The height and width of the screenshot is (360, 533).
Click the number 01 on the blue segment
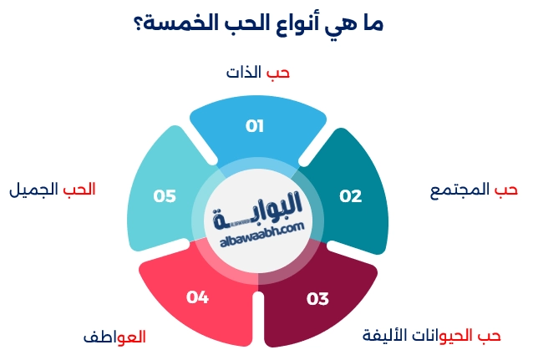click(255, 126)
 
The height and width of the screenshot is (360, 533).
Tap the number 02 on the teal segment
click(350, 196)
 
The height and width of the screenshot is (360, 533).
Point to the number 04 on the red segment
click(197, 296)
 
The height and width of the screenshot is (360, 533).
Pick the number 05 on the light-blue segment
click(165, 196)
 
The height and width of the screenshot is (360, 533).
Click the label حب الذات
click(258, 73)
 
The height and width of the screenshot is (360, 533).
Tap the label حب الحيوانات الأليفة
click(431, 336)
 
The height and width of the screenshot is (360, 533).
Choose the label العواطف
click(114, 337)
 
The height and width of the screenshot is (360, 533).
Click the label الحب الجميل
click(52, 190)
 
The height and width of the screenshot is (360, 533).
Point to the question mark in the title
click(138, 24)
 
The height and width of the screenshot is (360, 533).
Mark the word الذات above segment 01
click(245, 73)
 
